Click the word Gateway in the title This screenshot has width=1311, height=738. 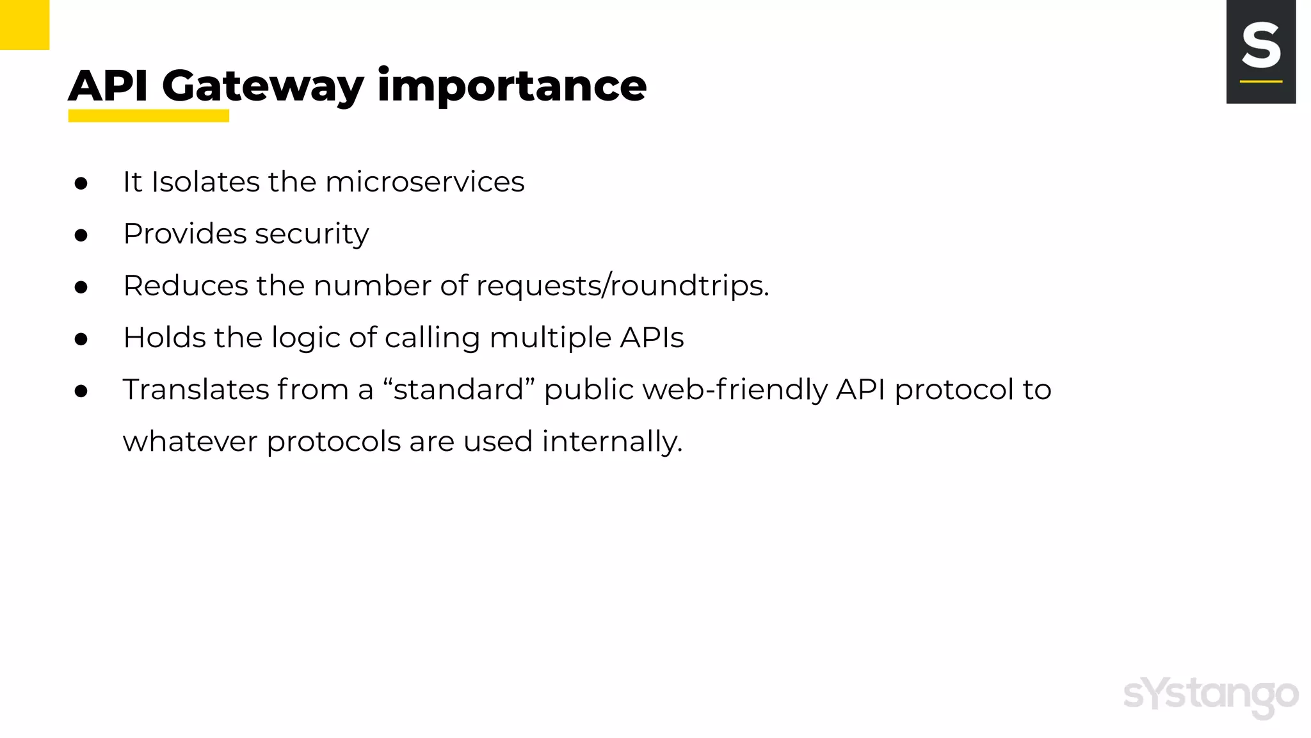[262, 86]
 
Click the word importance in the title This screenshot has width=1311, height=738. [511, 86]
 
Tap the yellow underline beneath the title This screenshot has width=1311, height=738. [149, 116]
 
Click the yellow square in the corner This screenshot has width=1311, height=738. [24, 24]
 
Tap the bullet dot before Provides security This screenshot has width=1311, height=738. [81, 235]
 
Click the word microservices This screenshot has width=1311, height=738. [424, 182]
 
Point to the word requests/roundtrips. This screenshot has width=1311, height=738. [622, 286]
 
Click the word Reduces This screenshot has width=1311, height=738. [185, 286]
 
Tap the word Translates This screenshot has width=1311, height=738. [196, 389]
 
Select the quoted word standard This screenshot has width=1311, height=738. [458, 389]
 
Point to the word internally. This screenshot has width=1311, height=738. [612, 441]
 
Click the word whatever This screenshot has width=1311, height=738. [189, 441]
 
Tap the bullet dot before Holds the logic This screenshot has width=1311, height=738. [81, 339]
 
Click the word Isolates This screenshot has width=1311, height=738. [205, 182]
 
